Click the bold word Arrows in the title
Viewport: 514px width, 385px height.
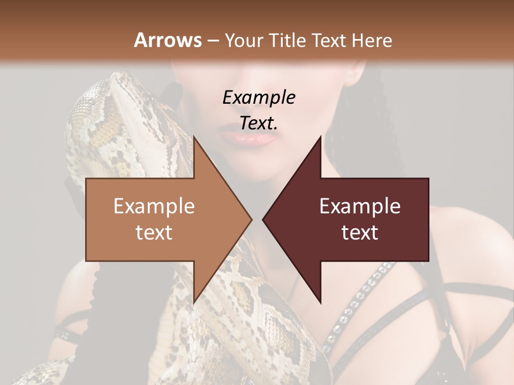168,40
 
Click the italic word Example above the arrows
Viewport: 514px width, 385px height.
259,97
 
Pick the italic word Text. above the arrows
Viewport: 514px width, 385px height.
259,123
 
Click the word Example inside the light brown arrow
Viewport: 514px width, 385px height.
154,206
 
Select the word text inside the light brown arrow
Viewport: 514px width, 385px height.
154,232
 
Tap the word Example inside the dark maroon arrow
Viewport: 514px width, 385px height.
360,206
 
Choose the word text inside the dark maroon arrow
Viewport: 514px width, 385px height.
360,232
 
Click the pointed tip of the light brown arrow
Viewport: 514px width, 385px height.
251,219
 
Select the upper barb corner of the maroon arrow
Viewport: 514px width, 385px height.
321,137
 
